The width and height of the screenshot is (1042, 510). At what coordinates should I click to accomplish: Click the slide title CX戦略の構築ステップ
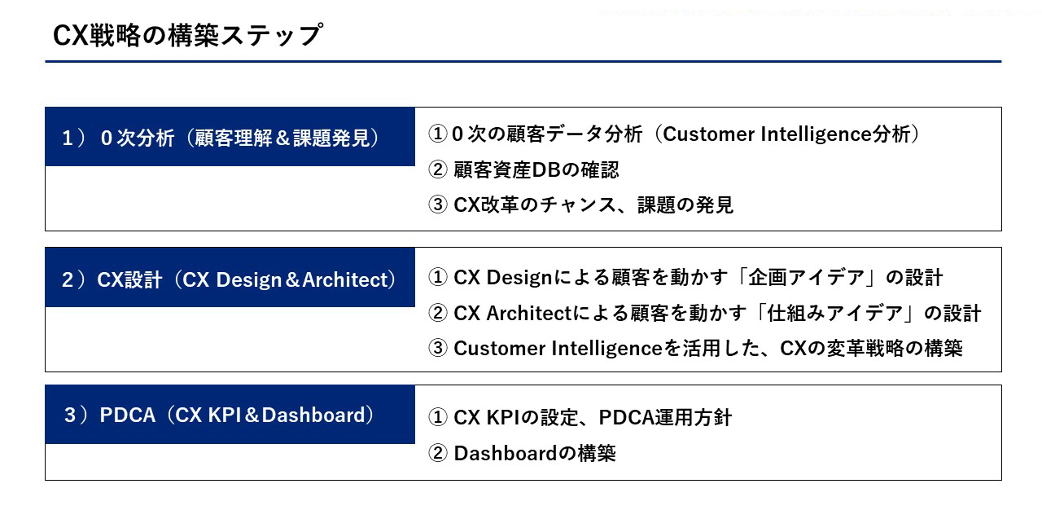(x=187, y=35)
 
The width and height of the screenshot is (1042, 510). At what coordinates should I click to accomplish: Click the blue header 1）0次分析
(x=230, y=137)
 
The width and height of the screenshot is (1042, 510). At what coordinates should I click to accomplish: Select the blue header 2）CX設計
(x=230, y=277)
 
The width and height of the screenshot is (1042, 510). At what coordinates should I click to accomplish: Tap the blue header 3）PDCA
(x=230, y=414)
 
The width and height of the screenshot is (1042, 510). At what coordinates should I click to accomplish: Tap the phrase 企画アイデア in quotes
(x=806, y=278)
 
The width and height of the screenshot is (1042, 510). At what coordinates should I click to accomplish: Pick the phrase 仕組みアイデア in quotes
(x=835, y=313)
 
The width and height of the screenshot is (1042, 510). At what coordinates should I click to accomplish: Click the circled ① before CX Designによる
(x=438, y=278)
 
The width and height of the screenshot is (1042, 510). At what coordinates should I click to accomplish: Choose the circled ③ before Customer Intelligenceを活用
(x=438, y=348)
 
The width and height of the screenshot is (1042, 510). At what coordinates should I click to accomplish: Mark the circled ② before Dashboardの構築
(x=438, y=453)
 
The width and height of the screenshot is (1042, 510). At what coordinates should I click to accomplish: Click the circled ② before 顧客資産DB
(x=438, y=169)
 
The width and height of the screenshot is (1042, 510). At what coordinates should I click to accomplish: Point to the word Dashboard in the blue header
(x=313, y=415)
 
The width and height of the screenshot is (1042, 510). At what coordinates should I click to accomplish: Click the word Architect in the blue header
(x=345, y=279)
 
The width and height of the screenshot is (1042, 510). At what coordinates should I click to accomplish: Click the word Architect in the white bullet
(x=528, y=313)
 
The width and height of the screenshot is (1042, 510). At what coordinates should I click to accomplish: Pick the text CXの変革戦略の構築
(x=871, y=348)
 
